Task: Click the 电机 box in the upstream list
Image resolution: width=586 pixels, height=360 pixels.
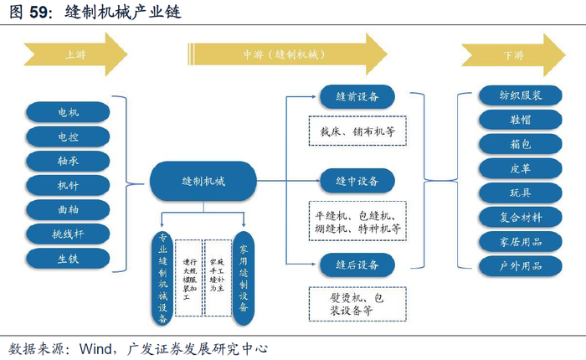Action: point(69,111)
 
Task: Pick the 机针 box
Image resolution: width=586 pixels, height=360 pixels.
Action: point(69,184)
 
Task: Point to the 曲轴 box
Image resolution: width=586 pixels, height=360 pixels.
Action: point(69,208)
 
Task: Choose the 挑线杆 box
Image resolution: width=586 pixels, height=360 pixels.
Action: point(69,234)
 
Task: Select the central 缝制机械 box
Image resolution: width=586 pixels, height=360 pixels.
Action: point(203,181)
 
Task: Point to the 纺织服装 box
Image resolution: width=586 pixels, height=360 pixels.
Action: point(521,96)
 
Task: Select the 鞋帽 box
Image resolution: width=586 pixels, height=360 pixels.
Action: point(521,121)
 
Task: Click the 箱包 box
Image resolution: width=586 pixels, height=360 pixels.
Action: point(521,145)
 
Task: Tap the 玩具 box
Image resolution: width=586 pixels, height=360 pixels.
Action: point(521,193)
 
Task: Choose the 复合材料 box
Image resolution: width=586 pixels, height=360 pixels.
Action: point(521,218)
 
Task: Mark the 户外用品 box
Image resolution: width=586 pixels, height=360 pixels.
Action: point(521,266)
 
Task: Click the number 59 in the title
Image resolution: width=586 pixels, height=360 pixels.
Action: point(41,13)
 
